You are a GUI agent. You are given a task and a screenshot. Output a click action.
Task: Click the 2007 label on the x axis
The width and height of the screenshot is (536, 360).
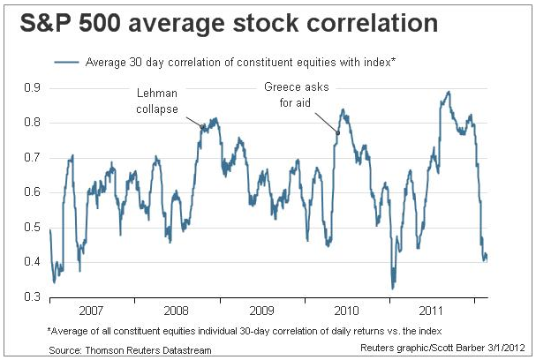[91, 312]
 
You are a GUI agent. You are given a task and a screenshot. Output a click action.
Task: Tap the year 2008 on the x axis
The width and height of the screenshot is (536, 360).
[176, 312]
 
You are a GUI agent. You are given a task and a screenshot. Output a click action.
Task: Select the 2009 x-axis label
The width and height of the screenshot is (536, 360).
[261, 312]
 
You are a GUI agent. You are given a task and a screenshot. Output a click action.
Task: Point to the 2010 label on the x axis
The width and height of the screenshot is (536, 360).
[346, 312]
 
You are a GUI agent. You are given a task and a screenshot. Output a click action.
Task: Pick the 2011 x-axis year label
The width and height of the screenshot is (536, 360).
[432, 312]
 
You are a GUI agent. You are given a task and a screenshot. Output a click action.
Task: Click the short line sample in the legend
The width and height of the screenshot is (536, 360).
[67, 63]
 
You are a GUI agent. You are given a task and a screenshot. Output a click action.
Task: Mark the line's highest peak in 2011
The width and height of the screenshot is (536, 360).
[449, 91]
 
